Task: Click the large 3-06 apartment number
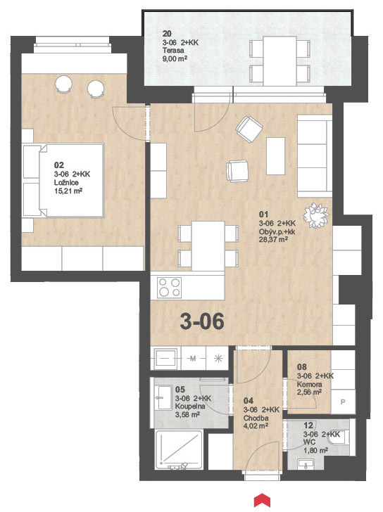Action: click(202, 321)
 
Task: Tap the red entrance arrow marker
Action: click(262, 501)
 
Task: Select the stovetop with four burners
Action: click(169, 288)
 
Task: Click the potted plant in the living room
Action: click(316, 215)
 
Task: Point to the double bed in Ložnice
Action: click(71, 181)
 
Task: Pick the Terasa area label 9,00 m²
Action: click(175, 59)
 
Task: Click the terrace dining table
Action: click(280, 61)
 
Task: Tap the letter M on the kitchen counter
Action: click(193, 359)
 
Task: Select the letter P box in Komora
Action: click(343, 402)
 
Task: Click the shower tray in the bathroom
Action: click(179, 449)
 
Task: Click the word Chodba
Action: click(256, 418)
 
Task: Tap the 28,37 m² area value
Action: click(273, 240)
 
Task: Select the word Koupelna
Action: click(190, 407)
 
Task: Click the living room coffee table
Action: click(275, 156)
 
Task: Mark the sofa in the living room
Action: click(314, 156)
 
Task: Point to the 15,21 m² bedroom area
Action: click(68, 191)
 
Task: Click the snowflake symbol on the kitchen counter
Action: click(218, 359)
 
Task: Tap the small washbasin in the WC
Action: click(306, 463)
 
